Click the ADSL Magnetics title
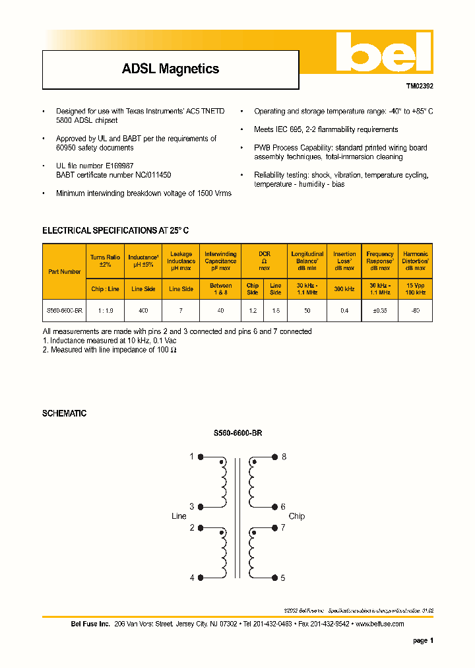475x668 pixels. click(x=170, y=69)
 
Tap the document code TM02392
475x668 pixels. click(x=419, y=86)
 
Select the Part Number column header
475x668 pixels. click(x=65, y=271)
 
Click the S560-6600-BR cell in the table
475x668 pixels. click(x=65, y=310)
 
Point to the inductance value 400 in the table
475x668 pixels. click(x=143, y=310)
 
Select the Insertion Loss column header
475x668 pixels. click(x=344, y=261)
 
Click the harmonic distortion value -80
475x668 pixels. click(x=415, y=310)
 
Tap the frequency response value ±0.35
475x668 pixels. click(x=379, y=310)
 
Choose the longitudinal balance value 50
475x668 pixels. click(x=307, y=310)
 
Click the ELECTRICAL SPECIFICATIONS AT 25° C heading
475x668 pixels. click(x=115, y=230)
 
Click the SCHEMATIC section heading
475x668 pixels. click(x=64, y=413)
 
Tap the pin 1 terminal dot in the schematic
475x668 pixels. click(x=201, y=457)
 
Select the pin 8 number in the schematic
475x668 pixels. click(x=284, y=457)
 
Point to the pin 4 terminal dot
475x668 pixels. click(x=201, y=578)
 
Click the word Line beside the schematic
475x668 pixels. click(x=179, y=516)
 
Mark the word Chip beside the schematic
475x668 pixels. click(x=297, y=516)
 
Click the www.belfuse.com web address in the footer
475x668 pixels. click(x=379, y=624)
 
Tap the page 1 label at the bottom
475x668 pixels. click(x=423, y=640)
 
